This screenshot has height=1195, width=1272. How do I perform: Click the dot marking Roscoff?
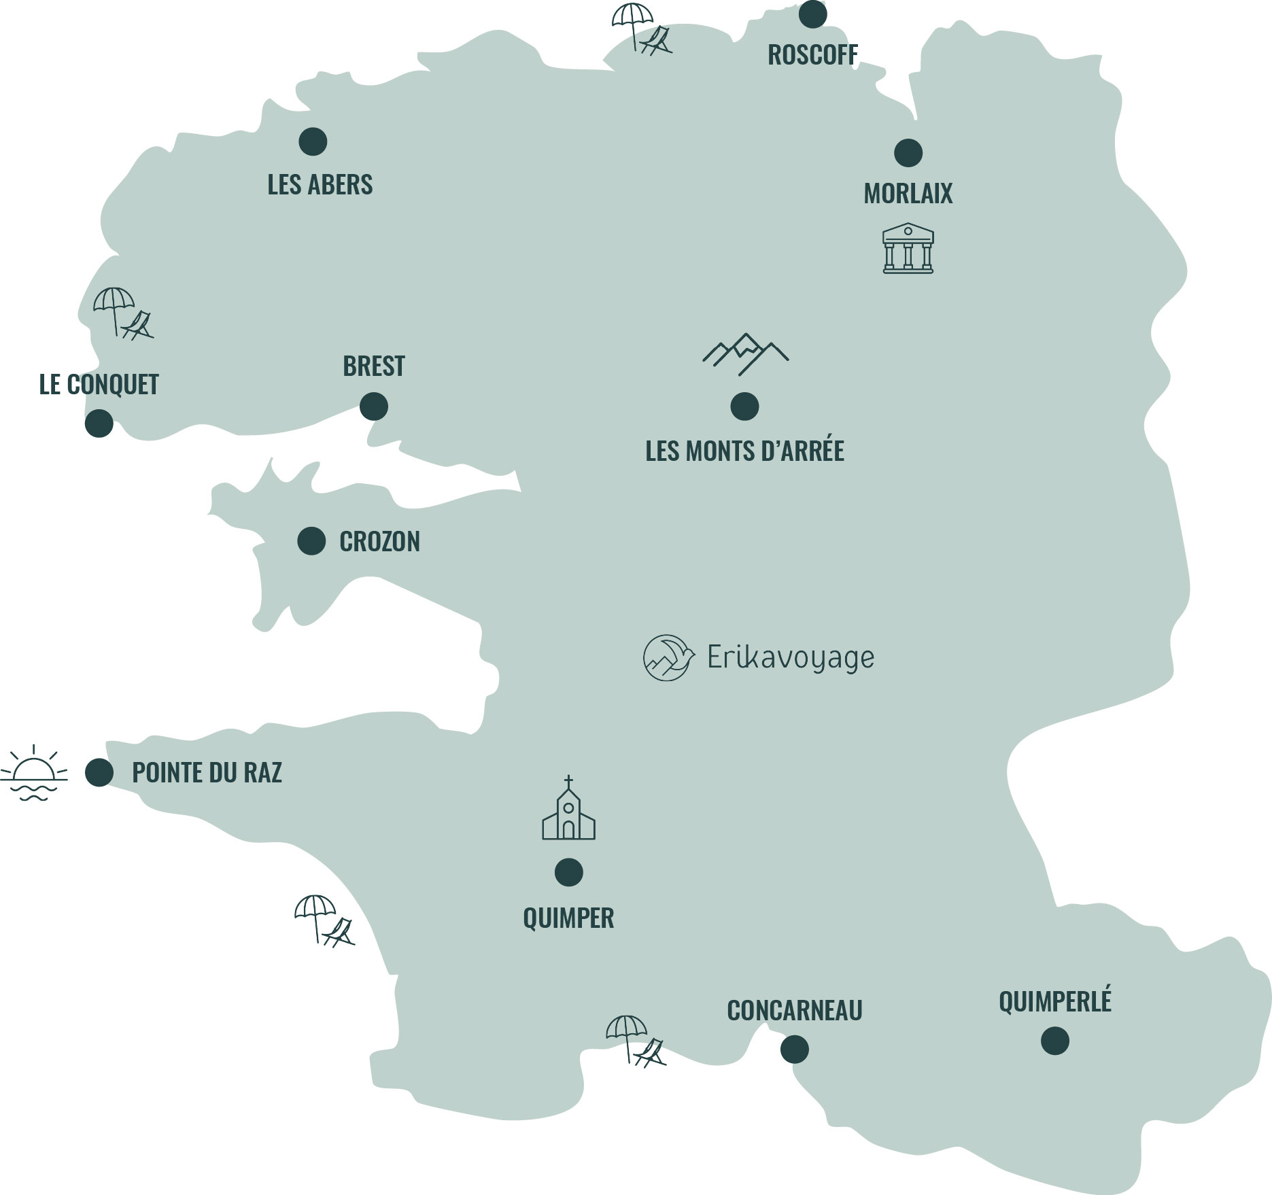point(812,14)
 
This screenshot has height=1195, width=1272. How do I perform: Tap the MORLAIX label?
point(908,194)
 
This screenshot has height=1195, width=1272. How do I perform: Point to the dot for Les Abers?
point(313,141)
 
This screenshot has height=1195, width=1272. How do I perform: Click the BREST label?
point(373,366)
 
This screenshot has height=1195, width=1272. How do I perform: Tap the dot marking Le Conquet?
point(99,423)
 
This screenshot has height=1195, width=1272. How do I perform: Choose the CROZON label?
point(379,542)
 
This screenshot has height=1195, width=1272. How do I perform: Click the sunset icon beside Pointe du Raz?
point(34,774)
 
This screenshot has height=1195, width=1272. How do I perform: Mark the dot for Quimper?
point(568,872)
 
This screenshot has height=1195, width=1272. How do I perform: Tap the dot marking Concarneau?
point(794,1049)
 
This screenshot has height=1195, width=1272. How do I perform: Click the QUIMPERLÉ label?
point(1054,1001)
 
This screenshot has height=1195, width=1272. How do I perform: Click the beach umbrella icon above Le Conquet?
point(123,313)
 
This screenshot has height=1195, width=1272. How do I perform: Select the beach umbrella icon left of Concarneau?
point(635,1040)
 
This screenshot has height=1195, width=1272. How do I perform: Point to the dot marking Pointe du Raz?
point(99,772)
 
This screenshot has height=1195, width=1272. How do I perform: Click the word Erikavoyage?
point(791,658)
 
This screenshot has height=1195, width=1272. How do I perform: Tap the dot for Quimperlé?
point(1054,1041)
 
